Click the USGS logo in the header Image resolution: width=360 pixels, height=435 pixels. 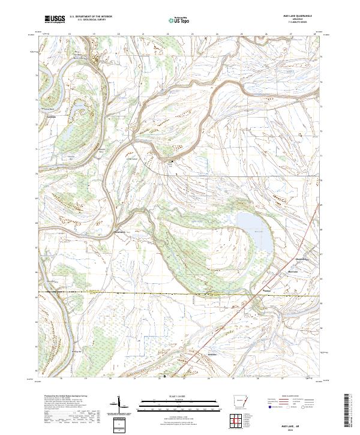(x=55, y=19)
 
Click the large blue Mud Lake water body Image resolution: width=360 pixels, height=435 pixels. (x=255, y=231)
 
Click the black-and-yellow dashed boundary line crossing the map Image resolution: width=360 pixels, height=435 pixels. (x=150, y=294)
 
